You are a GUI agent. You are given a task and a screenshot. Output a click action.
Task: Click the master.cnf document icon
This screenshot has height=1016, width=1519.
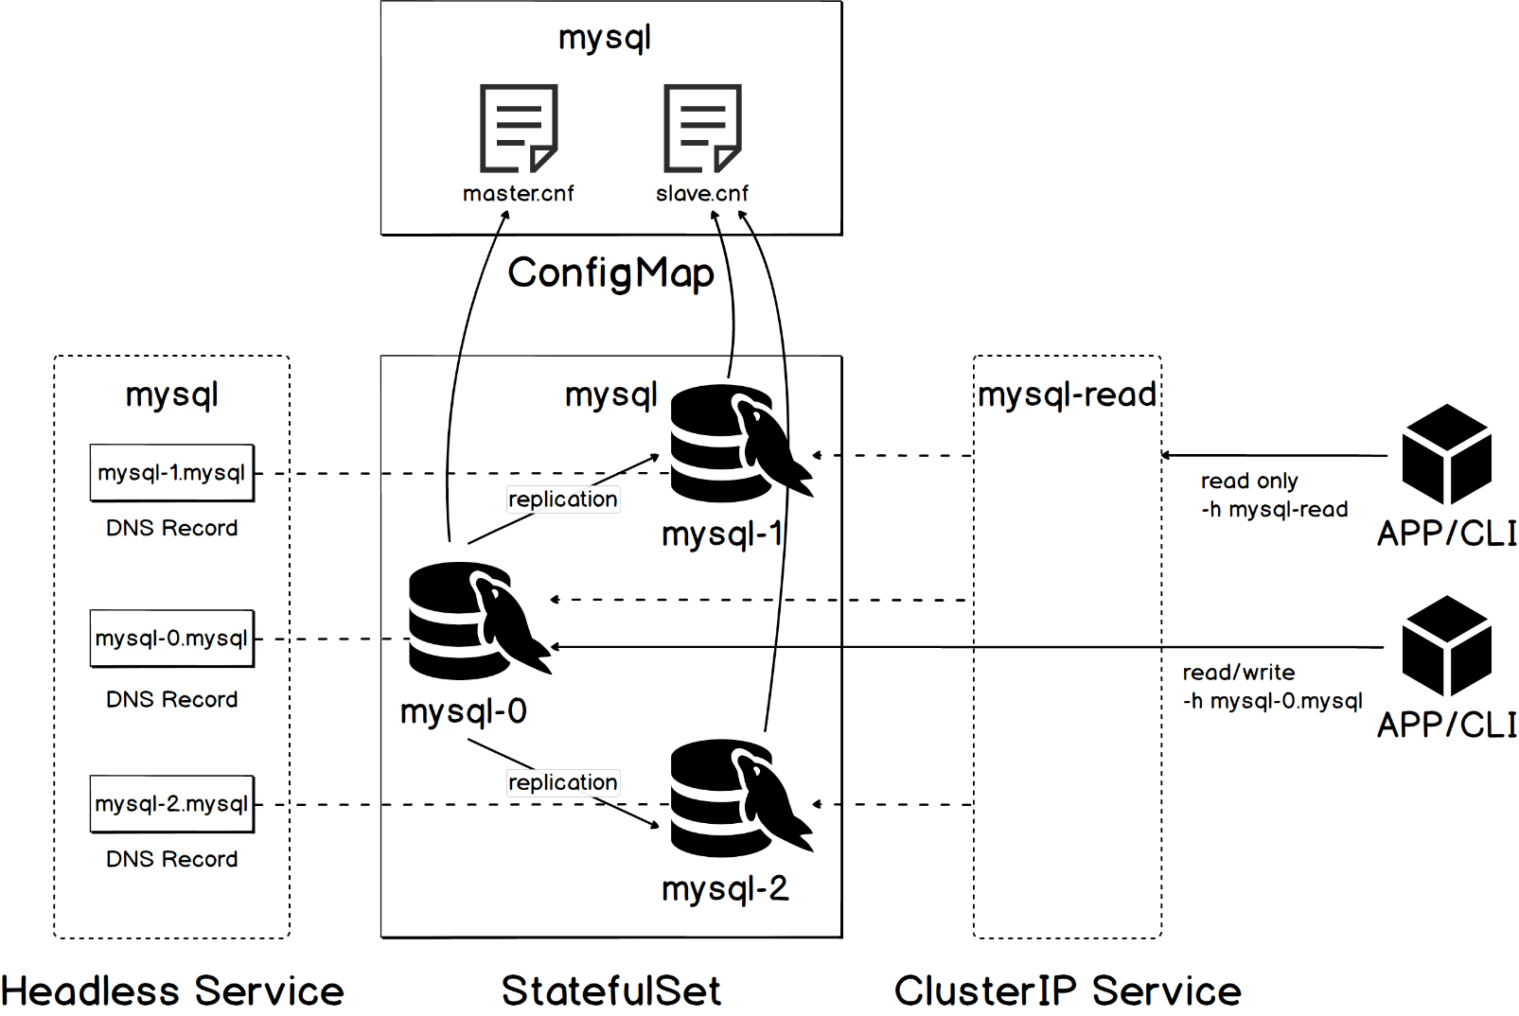click(519, 128)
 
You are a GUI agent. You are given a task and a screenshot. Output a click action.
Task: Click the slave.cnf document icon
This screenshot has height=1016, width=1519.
click(702, 128)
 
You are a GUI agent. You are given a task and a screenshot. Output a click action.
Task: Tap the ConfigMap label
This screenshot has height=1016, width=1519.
click(611, 274)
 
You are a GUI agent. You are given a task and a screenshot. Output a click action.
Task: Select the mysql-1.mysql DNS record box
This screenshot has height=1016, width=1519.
click(172, 473)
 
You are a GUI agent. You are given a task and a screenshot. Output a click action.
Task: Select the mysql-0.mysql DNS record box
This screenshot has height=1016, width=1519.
click(172, 639)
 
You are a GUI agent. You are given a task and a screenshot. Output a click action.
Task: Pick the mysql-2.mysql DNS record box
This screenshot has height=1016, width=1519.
click(172, 804)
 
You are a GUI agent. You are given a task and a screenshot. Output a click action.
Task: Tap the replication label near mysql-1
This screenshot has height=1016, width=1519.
click(563, 499)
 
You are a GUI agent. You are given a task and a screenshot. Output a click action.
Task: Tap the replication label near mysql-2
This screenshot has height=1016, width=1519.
click(563, 783)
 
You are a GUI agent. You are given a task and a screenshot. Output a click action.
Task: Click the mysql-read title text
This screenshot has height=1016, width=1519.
click(1067, 395)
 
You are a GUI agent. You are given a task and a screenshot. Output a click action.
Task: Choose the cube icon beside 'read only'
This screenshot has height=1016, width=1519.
click(1446, 454)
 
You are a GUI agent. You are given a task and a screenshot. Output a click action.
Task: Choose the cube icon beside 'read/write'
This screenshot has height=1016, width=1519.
click(1446, 646)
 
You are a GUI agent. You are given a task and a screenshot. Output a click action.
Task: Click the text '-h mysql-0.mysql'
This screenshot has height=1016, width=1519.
click(1272, 702)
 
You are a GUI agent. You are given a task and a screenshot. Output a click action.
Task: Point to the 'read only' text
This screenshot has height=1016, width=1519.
click(1249, 482)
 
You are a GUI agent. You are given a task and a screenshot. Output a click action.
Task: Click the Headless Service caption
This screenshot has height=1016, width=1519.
click(172, 990)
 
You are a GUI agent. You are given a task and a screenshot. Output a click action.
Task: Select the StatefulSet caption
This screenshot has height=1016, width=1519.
click(611, 990)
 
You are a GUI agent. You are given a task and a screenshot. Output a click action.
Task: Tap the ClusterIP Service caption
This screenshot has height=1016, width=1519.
click(1068, 990)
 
